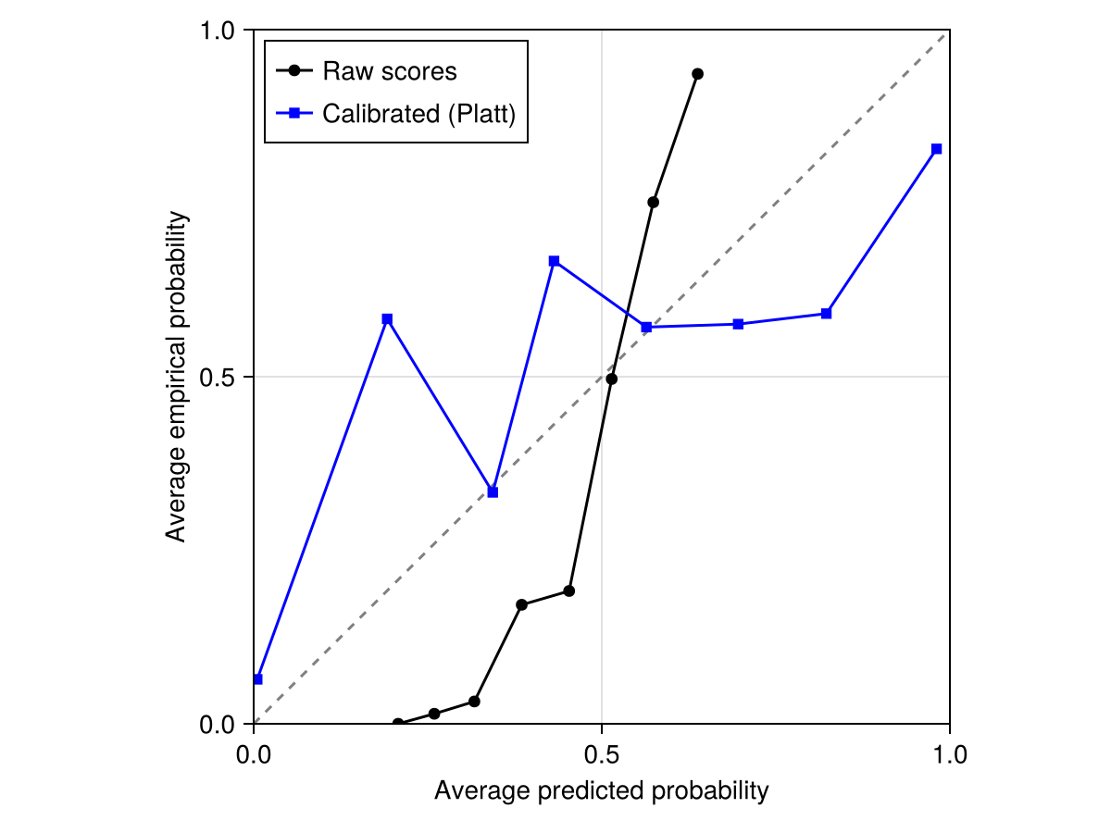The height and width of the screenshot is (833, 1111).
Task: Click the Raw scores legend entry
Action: click(x=389, y=71)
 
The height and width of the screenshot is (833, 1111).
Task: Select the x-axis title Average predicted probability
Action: click(x=602, y=791)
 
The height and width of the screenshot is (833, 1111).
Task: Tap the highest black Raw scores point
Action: click(x=697, y=74)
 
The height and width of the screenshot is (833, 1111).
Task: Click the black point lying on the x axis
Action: click(x=398, y=724)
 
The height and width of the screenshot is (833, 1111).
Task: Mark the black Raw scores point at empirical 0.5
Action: click(x=611, y=379)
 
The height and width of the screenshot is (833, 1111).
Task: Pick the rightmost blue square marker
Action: click(x=937, y=149)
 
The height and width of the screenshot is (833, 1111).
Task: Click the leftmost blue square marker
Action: click(x=257, y=679)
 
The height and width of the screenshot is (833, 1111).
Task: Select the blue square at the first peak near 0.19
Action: click(x=387, y=319)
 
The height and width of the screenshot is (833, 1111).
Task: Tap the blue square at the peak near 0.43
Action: click(x=554, y=261)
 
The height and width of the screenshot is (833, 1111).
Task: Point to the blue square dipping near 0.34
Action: click(x=493, y=492)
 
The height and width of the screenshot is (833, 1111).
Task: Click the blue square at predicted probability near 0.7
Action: click(x=738, y=324)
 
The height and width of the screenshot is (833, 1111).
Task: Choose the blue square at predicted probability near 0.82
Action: click(x=826, y=314)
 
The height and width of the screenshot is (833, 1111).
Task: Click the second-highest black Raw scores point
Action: click(x=654, y=202)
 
